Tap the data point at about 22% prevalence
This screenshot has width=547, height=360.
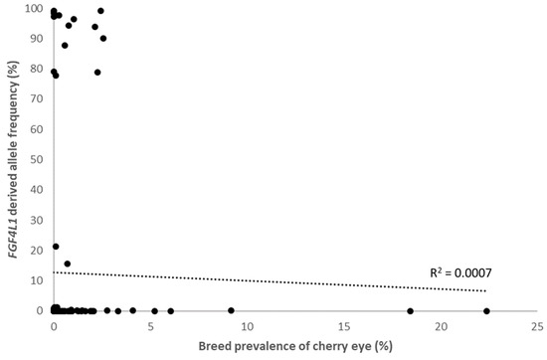click(486, 311)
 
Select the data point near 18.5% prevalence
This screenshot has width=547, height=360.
click(410, 311)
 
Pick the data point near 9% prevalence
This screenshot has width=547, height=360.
click(231, 310)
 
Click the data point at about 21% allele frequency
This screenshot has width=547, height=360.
click(56, 247)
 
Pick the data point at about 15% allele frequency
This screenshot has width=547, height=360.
click(68, 264)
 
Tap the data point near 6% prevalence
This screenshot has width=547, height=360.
click(171, 311)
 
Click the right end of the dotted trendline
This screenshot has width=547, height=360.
click(486, 290)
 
